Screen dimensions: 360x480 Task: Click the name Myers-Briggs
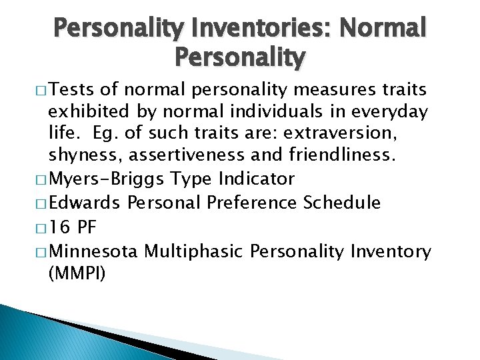(x=107, y=179)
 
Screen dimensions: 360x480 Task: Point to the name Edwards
(x=85, y=202)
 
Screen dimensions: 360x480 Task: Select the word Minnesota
(x=93, y=251)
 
